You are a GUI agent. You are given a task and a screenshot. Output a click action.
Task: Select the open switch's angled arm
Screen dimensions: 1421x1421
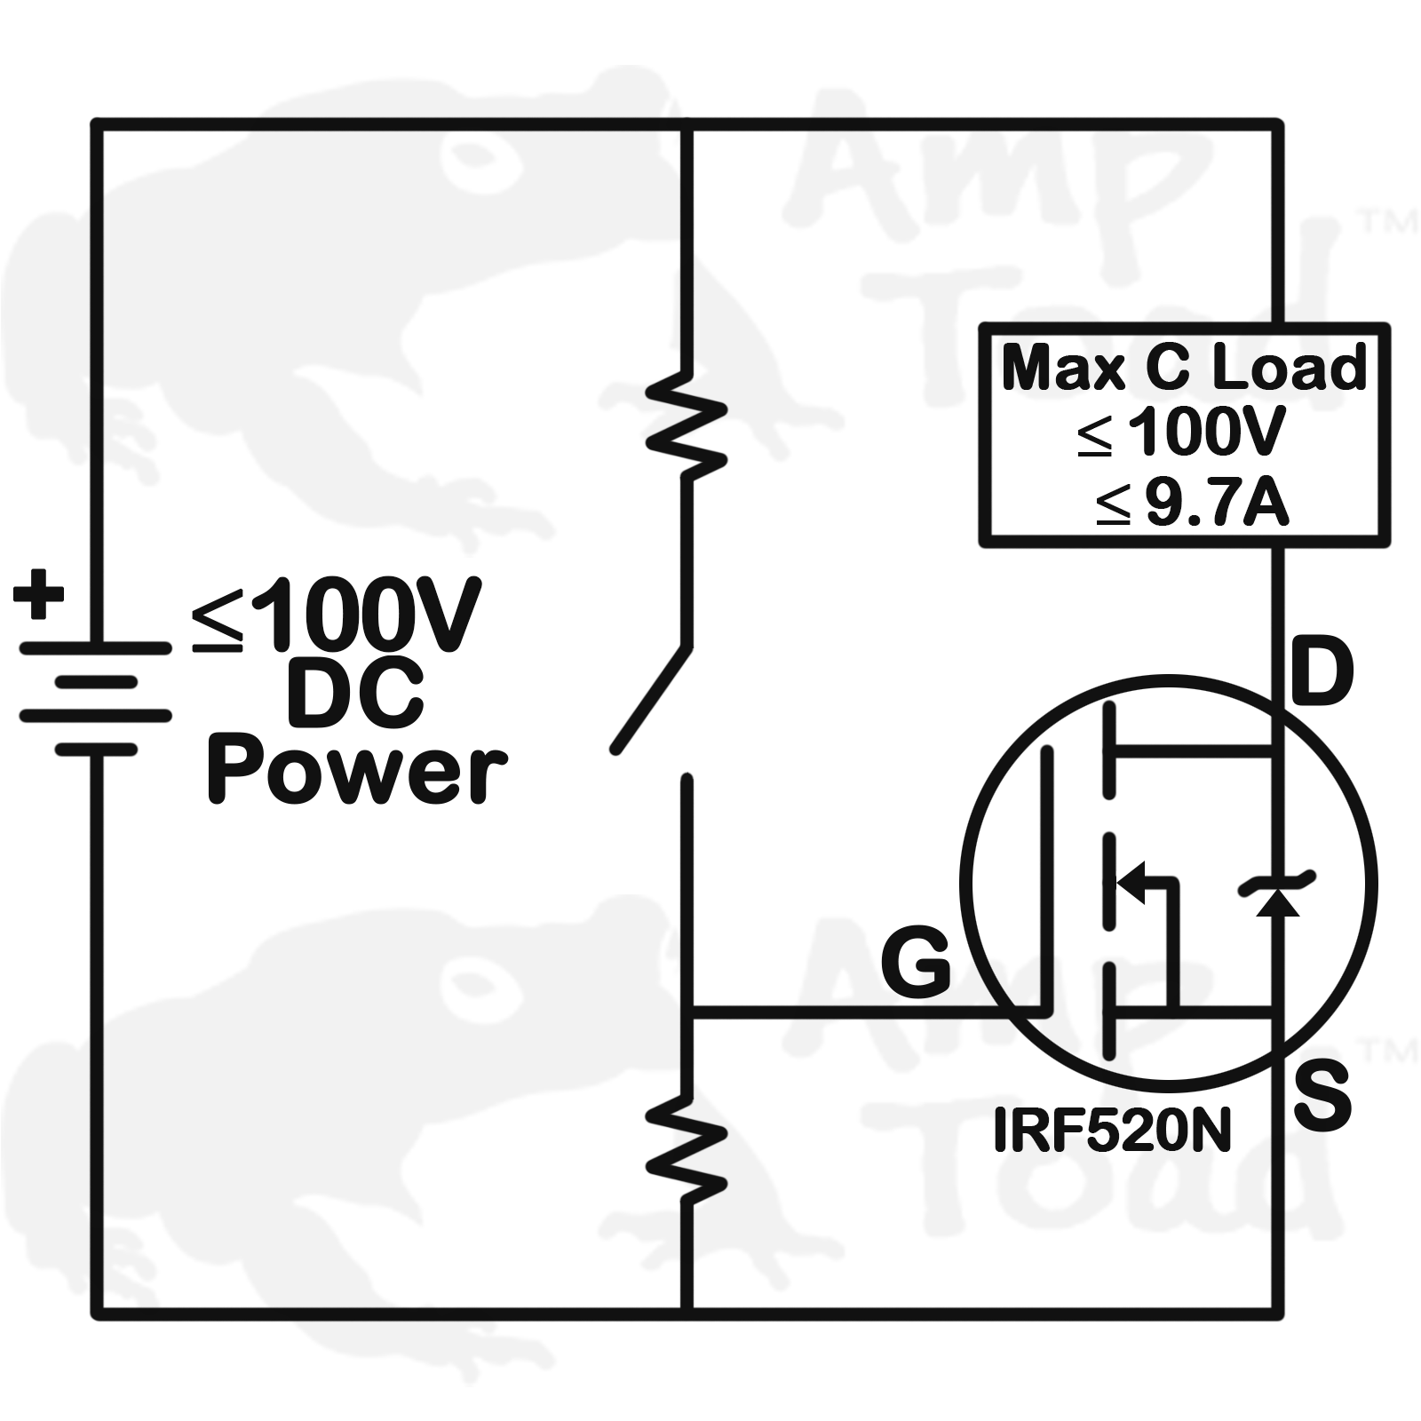[651, 699]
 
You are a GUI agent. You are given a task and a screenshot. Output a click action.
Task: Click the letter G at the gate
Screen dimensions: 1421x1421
[916, 965]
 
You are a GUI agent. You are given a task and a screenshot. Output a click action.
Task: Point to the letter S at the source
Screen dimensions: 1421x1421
[1322, 1099]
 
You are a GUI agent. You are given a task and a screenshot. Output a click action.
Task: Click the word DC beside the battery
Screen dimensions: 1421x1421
[354, 694]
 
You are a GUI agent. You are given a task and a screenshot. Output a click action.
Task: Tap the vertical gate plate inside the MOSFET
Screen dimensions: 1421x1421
[1047, 879]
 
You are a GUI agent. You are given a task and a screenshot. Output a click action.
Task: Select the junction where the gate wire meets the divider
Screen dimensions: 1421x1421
[687, 1012]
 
